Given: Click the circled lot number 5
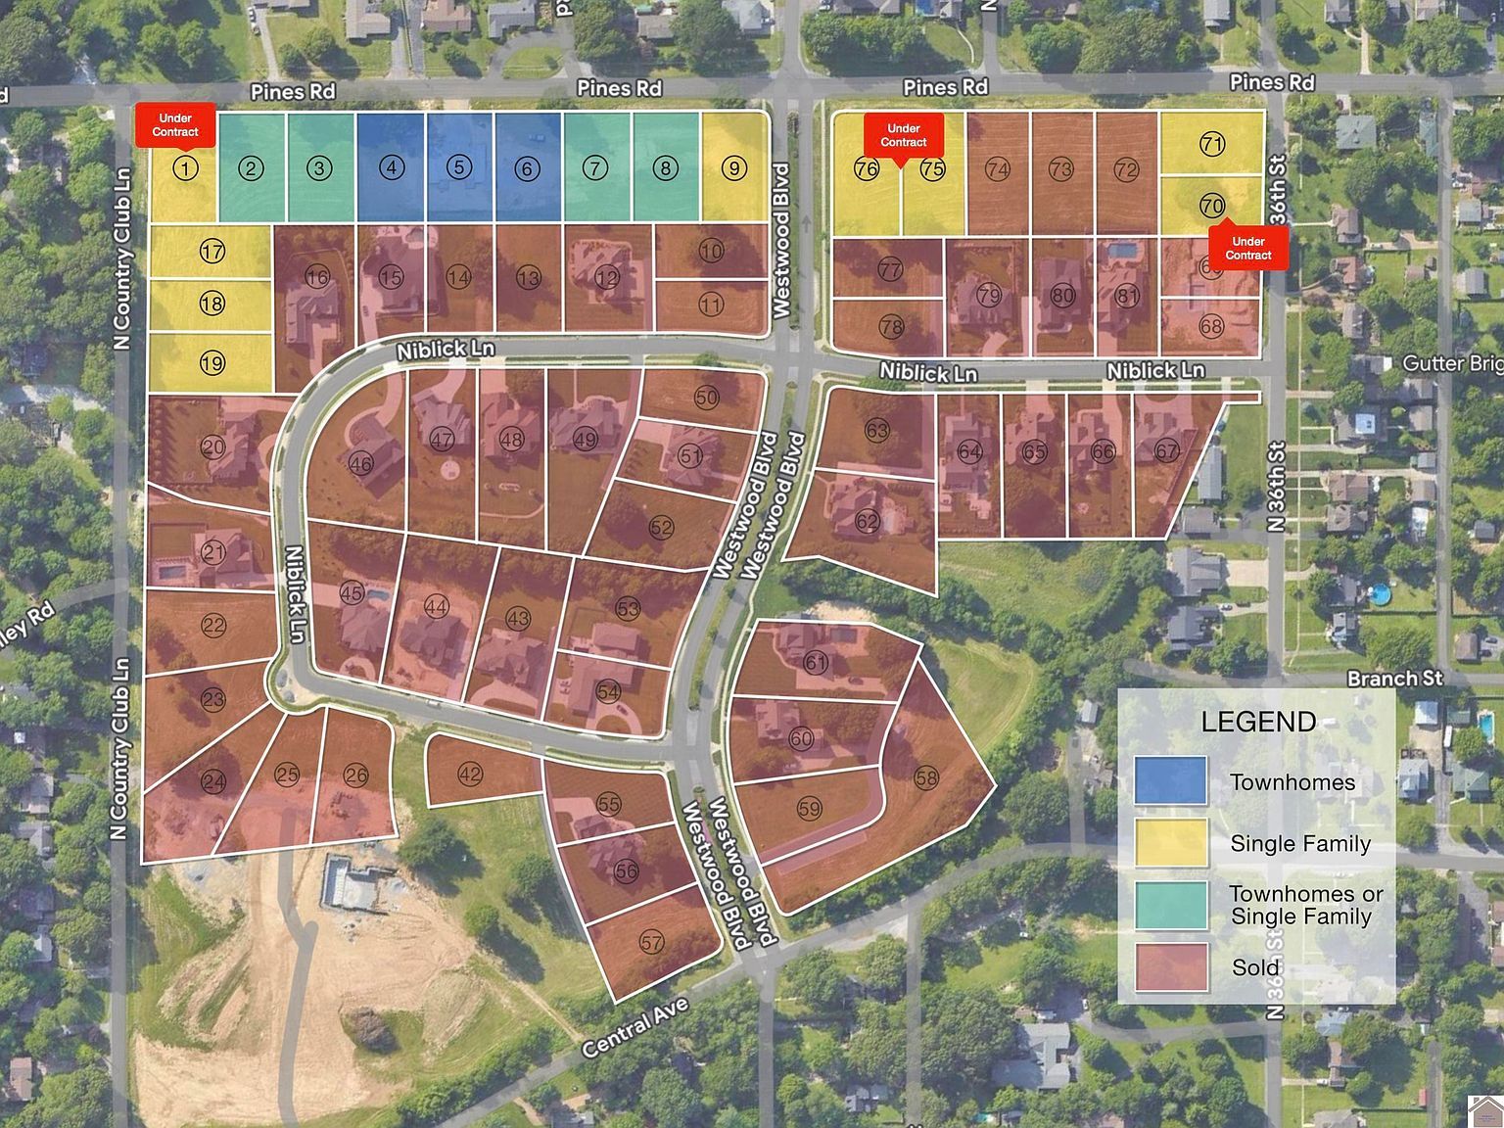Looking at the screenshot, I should click(x=459, y=167).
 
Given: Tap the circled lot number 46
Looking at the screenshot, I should click(x=360, y=463).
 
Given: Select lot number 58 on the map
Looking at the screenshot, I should click(x=925, y=778).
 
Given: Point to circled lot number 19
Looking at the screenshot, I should click(x=211, y=363).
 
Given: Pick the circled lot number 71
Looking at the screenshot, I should click(x=1212, y=145).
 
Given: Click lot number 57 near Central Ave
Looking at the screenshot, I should click(x=651, y=943).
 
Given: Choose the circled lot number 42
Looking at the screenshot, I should click(x=470, y=775).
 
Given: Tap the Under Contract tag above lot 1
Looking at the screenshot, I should click(x=175, y=125).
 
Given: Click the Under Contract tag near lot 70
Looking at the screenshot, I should click(x=1248, y=248).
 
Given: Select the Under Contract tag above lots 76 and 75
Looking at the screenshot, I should click(x=903, y=135).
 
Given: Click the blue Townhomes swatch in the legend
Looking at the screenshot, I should click(x=1171, y=781).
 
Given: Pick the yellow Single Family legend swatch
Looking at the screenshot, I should click(x=1171, y=843).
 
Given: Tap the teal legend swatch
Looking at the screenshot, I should click(x=1171, y=905).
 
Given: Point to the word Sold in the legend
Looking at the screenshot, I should click(x=1255, y=967).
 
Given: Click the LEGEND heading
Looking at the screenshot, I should click(x=1258, y=723).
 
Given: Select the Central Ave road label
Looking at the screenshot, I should click(x=635, y=1028).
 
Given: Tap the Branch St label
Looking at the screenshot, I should click(x=1394, y=679).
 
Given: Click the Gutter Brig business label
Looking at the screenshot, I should click(x=1452, y=364).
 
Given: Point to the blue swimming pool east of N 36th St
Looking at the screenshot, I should click(x=1379, y=593).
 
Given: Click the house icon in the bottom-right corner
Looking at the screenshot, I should click(x=1485, y=1109).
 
